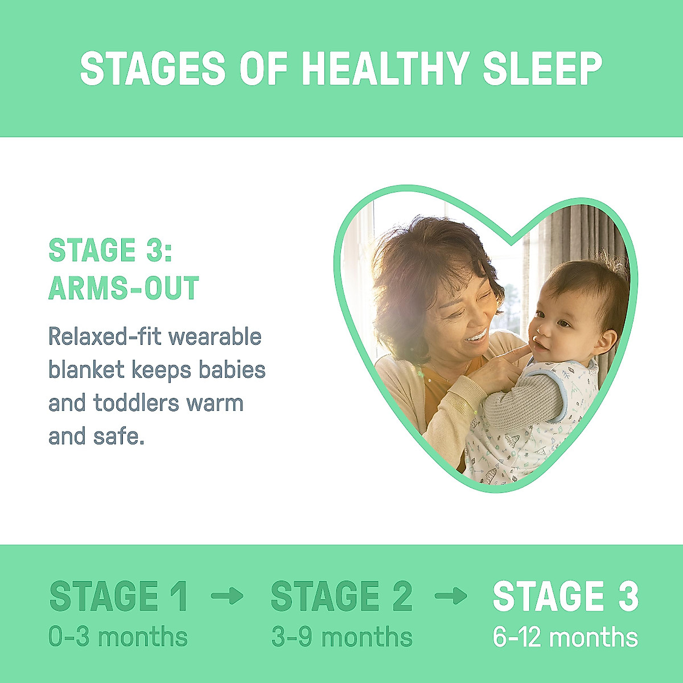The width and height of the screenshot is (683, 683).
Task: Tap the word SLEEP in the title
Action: click(542, 69)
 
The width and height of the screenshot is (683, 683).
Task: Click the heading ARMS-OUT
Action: click(124, 288)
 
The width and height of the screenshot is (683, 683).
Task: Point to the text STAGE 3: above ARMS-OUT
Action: click(110, 250)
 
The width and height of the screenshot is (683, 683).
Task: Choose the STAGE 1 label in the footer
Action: click(118, 596)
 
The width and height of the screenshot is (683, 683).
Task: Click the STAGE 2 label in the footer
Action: click(341, 596)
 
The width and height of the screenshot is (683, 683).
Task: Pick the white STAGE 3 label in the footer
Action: click(565, 596)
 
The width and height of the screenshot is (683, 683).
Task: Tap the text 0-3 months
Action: click(118, 637)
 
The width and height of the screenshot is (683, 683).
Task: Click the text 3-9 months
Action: click(341, 637)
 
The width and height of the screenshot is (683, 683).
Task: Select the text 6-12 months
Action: click(565, 637)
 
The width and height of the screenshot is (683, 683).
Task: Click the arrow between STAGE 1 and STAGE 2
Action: click(227, 596)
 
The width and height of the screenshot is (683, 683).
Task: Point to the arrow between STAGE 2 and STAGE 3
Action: click(451, 596)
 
